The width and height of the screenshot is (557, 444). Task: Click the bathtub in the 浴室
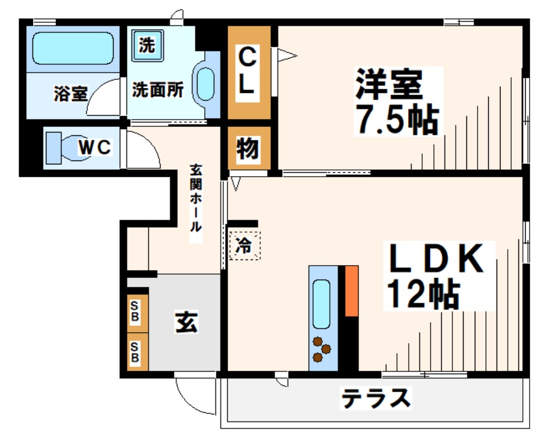pyautogui.click(x=73, y=48)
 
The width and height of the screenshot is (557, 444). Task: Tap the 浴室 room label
pyautogui.click(x=70, y=93)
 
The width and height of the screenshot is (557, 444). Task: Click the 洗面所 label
pyautogui.click(x=158, y=91)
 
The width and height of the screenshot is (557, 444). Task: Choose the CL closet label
pyautogui.click(x=248, y=72)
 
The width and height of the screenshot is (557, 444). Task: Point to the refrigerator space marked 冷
pyautogui.click(x=244, y=245)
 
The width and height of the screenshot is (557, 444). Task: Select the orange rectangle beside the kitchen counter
pyautogui.click(x=351, y=291)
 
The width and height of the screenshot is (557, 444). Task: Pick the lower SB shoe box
pyautogui.click(x=135, y=351)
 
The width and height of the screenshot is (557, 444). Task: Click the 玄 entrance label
pyautogui.click(x=186, y=323)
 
